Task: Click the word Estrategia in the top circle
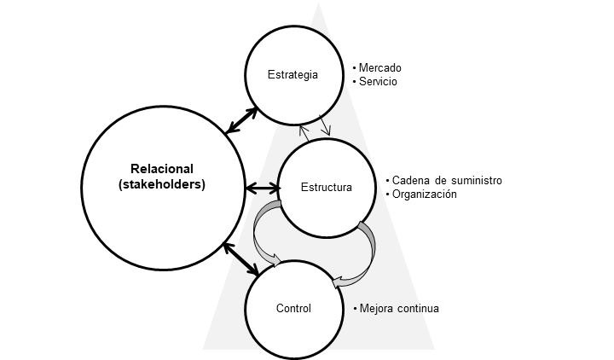pyautogui.click(x=293, y=74)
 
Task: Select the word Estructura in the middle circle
pyautogui.click(x=326, y=187)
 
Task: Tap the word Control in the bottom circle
pyautogui.click(x=293, y=308)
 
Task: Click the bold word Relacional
pyautogui.click(x=162, y=168)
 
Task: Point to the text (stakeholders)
pyautogui.click(x=162, y=183)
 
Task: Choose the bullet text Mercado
pyautogui.click(x=379, y=67)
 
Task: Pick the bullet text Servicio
pyautogui.click(x=378, y=82)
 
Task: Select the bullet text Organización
pyautogui.click(x=425, y=194)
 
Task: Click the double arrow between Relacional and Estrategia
pyautogui.click(x=243, y=119)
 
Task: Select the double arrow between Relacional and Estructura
pyautogui.click(x=263, y=187)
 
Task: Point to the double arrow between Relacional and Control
pyautogui.click(x=242, y=258)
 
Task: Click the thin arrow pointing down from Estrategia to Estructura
pyautogui.click(x=325, y=125)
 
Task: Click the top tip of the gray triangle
pyautogui.click(x=319, y=5)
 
